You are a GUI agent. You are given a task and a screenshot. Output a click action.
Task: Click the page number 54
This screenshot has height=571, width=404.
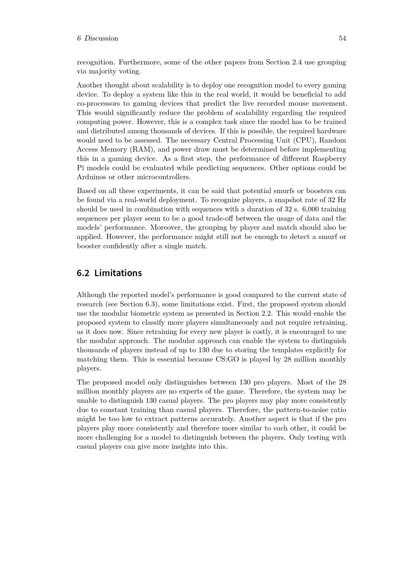pos(342,38)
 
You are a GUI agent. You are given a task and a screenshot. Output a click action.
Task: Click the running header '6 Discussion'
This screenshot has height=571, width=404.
pos(97,38)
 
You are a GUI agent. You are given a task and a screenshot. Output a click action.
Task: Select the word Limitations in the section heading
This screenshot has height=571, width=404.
pos(118,273)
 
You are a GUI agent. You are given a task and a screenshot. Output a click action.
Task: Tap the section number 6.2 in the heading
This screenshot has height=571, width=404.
pos(83,273)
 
